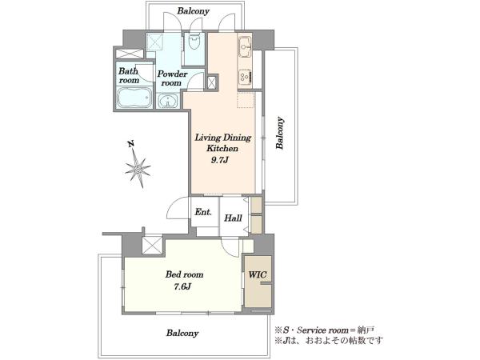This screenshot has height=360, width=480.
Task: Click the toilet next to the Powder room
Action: (x=194, y=42)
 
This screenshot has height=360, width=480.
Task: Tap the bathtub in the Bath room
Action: (x=134, y=98)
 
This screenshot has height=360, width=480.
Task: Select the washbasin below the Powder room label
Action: (x=167, y=101)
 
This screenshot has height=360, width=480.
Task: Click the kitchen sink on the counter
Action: (x=245, y=47)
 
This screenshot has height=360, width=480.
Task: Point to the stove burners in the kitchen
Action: (x=246, y=77)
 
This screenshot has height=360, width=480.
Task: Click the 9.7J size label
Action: (x=220, y=160)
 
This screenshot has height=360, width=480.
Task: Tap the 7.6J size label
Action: (x=182, y=286)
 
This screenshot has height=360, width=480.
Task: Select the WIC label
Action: (x=258, y=274)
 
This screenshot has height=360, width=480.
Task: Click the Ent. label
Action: (x=203, y=212)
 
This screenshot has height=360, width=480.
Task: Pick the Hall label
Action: (x=233, y=218)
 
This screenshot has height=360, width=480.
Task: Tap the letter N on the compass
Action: (x=131, y=144)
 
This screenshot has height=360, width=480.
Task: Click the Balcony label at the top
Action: (x=194, y=11)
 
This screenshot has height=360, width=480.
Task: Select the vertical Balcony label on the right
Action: (x=280, y=133)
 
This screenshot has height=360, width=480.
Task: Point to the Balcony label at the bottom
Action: (x=182, y=333)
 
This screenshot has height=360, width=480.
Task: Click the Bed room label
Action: (x=184, y=274)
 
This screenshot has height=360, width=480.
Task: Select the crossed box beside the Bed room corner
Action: (x=152, y=246)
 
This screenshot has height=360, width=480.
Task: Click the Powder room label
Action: (x=172, y=78)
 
